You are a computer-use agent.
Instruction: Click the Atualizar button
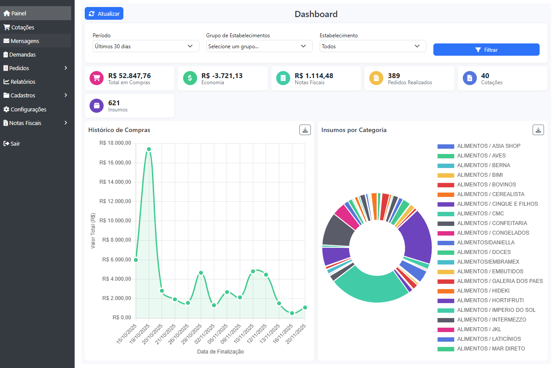tap(104, 14)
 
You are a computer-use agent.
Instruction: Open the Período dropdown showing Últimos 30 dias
tap(146, 46)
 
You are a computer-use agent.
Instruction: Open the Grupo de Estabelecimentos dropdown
tap(259, 46)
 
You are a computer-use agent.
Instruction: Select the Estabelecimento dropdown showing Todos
tap(372, 46)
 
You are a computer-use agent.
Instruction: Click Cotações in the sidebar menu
tap(22, 27)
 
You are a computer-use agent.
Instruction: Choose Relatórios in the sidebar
tap(23, 82)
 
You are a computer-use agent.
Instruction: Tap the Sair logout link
tap(15, 143)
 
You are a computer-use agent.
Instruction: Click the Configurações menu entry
tap(28, 109)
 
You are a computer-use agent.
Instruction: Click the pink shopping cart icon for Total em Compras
tap(96, 78)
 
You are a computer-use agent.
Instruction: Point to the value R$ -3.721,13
tap(222, 76)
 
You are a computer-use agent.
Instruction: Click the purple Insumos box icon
tap(96, 106)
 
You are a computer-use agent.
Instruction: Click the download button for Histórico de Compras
tap(305, 130)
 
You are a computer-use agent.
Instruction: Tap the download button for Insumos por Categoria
tap(538, 130)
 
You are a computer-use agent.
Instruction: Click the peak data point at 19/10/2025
tap(149, 149)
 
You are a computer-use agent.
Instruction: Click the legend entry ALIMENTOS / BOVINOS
tap(486, 185)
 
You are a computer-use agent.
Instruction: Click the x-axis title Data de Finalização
tap(220, 352)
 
